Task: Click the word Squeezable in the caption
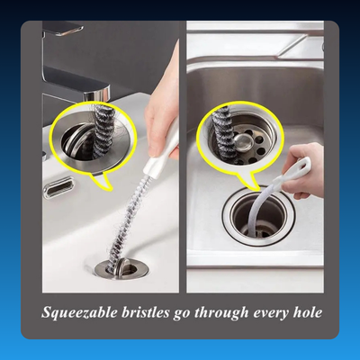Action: [x=80, y=312]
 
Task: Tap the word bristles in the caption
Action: [x=146, y=312]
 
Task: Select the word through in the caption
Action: [x=221, y=313]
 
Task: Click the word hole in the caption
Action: [x=308, y=312]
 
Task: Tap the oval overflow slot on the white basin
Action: [x=58, y=188]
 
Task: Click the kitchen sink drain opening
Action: [x=258, y=214]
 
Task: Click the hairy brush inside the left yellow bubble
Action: [x=103, y=131]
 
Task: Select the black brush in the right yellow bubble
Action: [x=222, y=134]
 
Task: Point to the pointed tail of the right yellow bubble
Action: [x=251, y=182]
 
